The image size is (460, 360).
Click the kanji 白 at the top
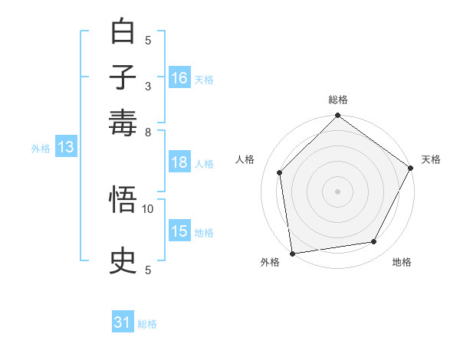click(x=123, y=31)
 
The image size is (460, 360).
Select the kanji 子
click(x=123, y=77)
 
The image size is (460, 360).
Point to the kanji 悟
click(x=123, y=201)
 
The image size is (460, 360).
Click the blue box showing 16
click(x=179, y=78)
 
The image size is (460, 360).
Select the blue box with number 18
click(x=179, y=162)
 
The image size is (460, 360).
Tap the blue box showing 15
click(x=179, y=231)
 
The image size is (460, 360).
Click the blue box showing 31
click(x=123, y=322)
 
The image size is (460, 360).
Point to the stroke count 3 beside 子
click(x=148, y=86)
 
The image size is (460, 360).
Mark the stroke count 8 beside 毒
click(x=148, y=132)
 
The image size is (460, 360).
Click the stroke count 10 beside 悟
click(x=148, y=208)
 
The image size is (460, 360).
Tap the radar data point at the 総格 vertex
click(x=337, y=116)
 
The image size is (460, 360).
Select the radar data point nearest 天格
click(x=410, y=168)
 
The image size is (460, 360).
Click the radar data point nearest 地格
click(x=374, y=242)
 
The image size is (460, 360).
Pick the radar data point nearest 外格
click(x=292, y=254)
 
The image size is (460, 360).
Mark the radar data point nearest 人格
click(x=280, y=172)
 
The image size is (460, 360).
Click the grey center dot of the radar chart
click(x=337, y=191)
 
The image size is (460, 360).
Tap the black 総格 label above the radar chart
click(x=337, y=100)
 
